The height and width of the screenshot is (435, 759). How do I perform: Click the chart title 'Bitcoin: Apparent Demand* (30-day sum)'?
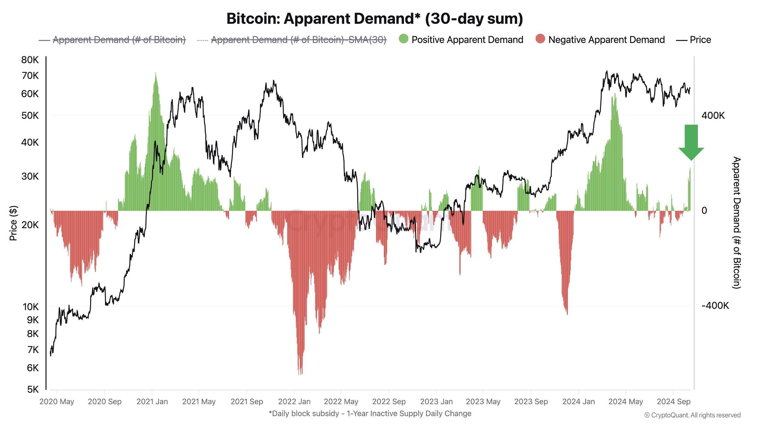pos(375,19)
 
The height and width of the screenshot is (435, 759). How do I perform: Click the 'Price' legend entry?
pos(694,40)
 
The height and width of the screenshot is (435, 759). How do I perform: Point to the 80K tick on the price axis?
pos(30,60)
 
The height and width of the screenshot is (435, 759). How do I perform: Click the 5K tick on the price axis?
pos(33,389)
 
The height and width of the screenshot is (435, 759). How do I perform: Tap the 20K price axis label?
pos(30,225)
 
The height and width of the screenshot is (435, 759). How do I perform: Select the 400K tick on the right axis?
pos(713,116)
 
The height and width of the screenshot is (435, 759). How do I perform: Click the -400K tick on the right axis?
pos(715,306)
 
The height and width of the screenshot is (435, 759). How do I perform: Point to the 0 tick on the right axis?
pos(704,211)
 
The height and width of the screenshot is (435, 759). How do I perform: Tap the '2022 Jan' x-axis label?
pos(294,402)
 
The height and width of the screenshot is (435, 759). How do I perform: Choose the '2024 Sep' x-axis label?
pos(673,402)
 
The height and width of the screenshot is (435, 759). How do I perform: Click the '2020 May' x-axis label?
pos(57,402)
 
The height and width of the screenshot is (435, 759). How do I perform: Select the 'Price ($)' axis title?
pos(13,223)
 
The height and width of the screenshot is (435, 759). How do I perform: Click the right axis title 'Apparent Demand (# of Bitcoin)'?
pos(737,223)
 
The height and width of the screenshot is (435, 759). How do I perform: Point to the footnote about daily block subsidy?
pos(370,414)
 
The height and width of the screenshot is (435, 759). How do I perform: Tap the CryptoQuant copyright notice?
pos(692,415)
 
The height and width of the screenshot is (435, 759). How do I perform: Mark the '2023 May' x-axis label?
pos(483,402)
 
